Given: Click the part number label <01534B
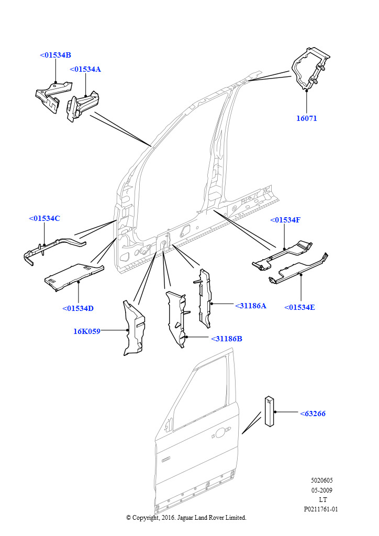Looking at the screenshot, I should (x=55, y=55).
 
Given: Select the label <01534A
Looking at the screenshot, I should (x=85, y=69).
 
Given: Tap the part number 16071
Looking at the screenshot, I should (x=307, y=118).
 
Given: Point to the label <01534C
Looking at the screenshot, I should (x=44, y=218).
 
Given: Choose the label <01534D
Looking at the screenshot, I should (x=77, y=308).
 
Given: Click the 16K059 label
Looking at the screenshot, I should (x=86, y=331).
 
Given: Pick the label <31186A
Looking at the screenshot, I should (x=251, y=306).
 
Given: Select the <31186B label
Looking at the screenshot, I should (x=227, y=339).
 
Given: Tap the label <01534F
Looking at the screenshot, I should (x=285, y=220).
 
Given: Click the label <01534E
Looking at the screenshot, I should (x=300, y=307).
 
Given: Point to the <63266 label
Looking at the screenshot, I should (x=313, y=414).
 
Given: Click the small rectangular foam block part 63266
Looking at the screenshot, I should (x=269, y=412).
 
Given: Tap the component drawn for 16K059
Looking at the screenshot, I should (x=135, y=328).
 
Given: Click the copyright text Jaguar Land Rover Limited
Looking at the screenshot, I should (x=186, y=518).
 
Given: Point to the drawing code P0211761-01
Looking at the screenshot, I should (x=321, y=509).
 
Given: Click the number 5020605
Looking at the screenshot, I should (x=321, y=481).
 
